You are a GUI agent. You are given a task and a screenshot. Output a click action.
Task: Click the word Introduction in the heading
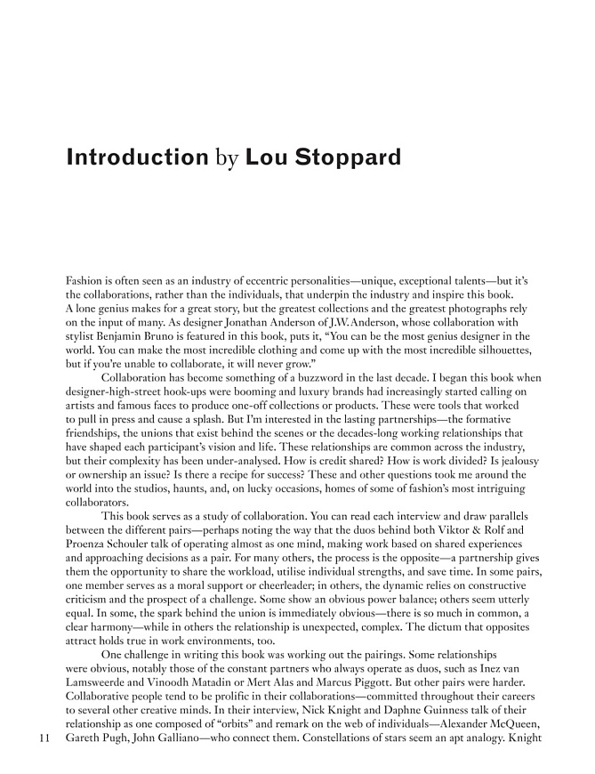click(x=136, y=158)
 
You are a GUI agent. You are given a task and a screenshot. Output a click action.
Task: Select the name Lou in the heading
click(x=263, y=158)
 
